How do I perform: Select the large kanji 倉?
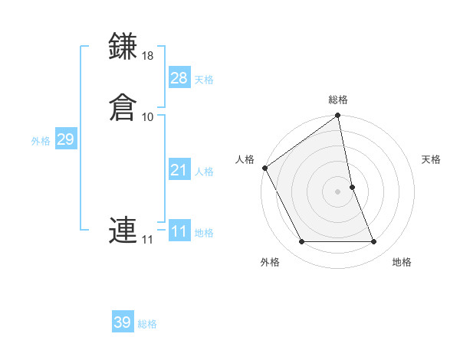[x=123, y=106]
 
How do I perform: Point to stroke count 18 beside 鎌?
[x=148, y=57]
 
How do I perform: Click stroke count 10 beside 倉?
[x=148, y=116]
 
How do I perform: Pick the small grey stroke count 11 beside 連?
[x=147, y=241]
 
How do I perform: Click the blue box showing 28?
[x=179, y=77]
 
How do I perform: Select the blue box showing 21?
[x=179, y=170]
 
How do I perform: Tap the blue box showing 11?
[x=179, y=231]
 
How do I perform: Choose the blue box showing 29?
[x=65, y=139]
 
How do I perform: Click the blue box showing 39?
[x=122, y=322]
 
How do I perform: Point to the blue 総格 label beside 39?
[x=147, y=324]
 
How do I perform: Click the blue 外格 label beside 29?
[x=41, y=141]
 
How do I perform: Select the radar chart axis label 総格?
[x=338, y=100]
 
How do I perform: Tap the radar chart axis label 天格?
[x=431, y=159]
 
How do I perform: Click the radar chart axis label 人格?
[x=245, y=159]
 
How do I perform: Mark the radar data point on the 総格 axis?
[x=338, y=116]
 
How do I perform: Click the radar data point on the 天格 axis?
[x=353, y=187]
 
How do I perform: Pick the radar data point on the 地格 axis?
[x=374, y=242]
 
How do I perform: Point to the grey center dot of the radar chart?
[x=338, y=191]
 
